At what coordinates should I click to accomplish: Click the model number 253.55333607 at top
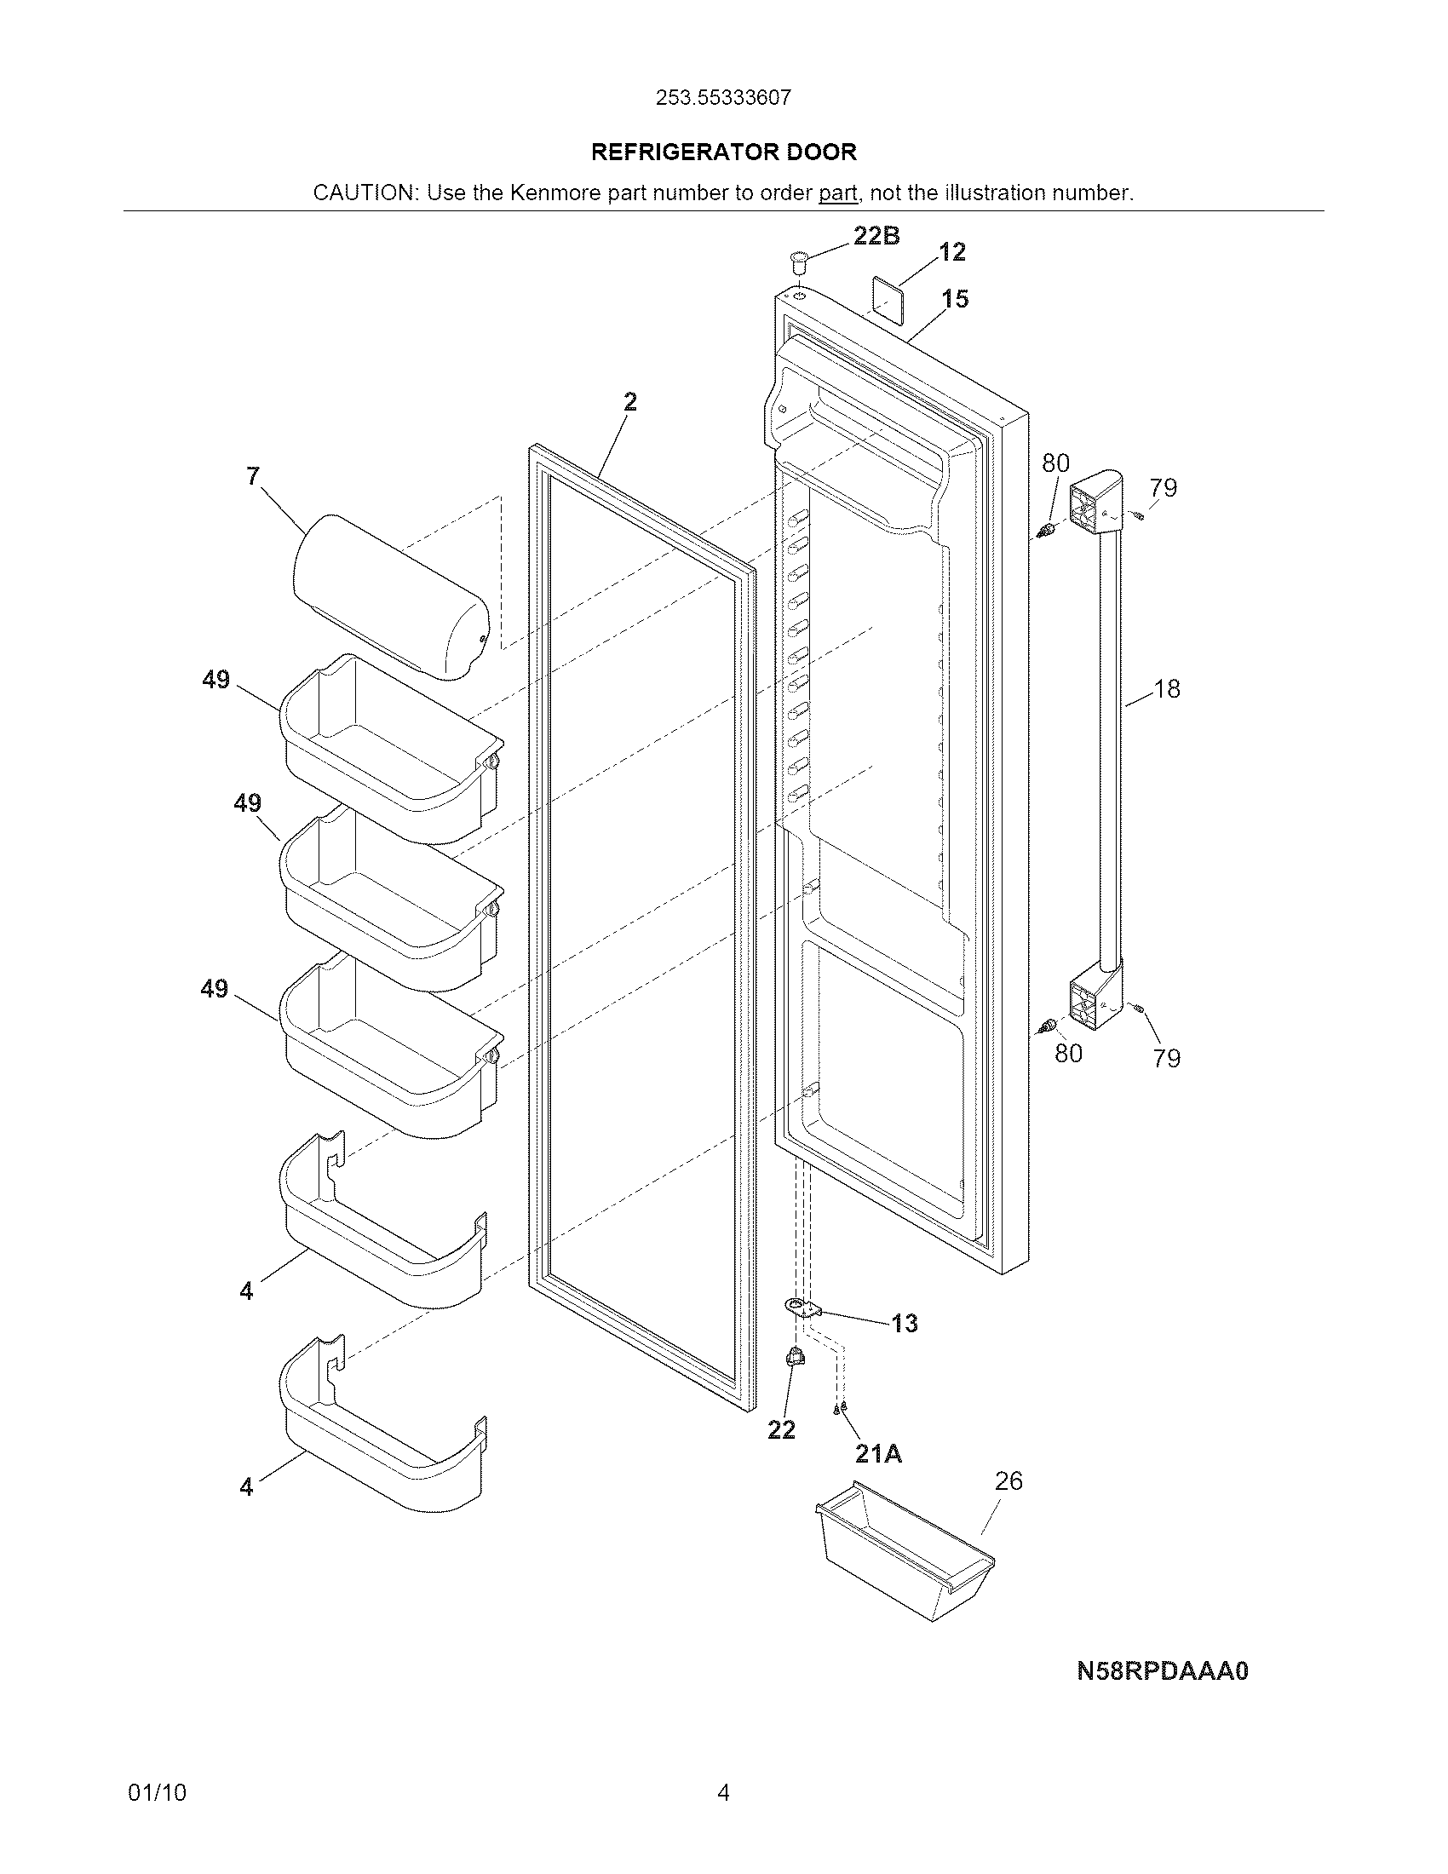coord(723,98)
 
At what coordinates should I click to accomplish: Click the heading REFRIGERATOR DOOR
coord(724,152)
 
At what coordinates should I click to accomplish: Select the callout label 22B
coord(876,236)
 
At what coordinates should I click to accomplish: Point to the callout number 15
coord(955,299)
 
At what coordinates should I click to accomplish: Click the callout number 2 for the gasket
coord(630,401)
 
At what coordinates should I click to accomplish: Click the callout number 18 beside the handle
coord(1167,688)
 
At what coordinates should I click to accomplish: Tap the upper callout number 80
coord(1055,463)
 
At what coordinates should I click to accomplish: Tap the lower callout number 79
coord(1167,1058)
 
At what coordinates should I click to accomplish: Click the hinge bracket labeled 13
coord(803,1308)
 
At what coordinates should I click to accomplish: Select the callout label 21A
coord(878,1453)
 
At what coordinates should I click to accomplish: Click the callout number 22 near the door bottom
coord(780,1429)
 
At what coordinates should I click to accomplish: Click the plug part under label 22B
coord(800,260)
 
